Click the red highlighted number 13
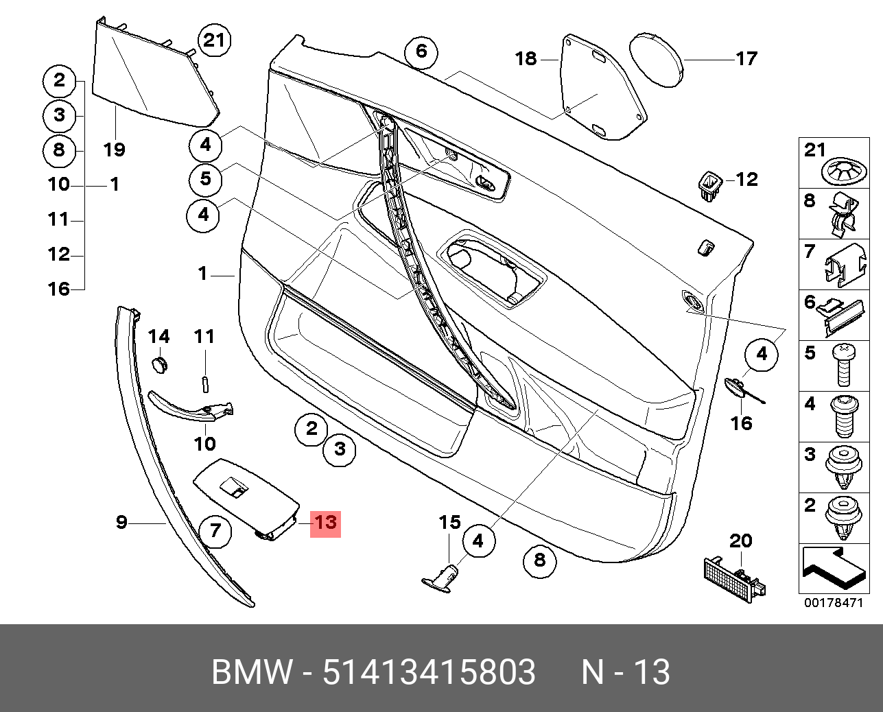[325, 523]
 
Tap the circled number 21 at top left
[214, 41]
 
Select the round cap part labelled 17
[657, 58]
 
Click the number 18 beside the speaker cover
[526, 59]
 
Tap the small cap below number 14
[160, 364]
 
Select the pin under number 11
[205, 383]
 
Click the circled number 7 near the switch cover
[215, 530]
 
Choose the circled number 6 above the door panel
[421, 51]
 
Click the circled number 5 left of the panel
[206, 179]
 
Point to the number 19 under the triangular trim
[115, 149]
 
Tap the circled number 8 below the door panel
[539, 560]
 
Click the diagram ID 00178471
[833, 603]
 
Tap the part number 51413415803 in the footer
[429, 672]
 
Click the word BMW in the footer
[252, 672]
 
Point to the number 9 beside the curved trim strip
[121, 523]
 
